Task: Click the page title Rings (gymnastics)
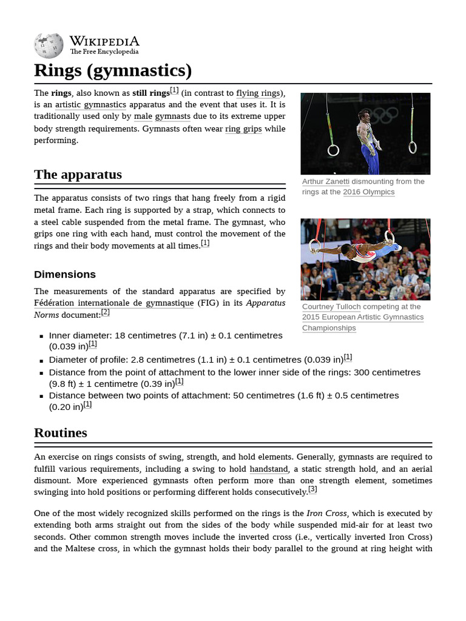pos(113,71)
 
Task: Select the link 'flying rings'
pos(258,93)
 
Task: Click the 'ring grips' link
pos(243,129)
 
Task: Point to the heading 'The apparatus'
pos(78,175)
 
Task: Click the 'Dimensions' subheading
pos(64,274)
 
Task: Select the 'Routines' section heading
pos(61,433)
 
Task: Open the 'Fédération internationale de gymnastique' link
pos(114,303)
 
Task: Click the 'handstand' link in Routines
pos(269,469)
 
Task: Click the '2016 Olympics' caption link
pos(368,192)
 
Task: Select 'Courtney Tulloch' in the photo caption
pos(331,307)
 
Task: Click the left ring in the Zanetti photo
pos(333,150)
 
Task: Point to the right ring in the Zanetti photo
pos(412,147)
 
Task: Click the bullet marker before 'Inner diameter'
pos(41,336)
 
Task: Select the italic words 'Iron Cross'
pos(327,513)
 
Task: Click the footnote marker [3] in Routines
pos(312,489)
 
